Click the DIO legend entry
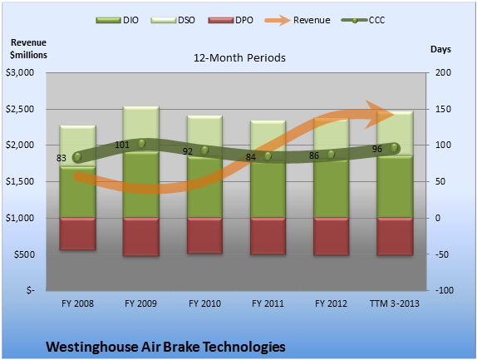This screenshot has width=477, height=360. pyautogui.click(x=117, y=21)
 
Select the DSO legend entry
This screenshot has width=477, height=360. pyautogui.click(x=173, y=21)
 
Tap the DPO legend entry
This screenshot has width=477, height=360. pyautogui.click(x=230, y=21)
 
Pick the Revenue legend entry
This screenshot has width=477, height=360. pyautogui.click(x=298, y=21)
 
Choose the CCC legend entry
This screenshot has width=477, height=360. pyautogui.click(x=363, y=21)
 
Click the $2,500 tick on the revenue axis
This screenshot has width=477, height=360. pyautogui.click(x=20, y=109)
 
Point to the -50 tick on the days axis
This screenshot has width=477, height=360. pyautogui.click(x=442, y=254)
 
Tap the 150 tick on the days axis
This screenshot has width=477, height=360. pyautogui.click(x=443, y=109)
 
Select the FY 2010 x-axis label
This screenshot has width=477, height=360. pyautogui.click(x=204, y=303)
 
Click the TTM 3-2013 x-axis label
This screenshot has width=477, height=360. pyautogui.click(x=395, y=303)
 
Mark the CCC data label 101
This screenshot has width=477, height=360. pyautogui.click(x=122, y=145)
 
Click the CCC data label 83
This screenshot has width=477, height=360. pyautogui.click(x=61, y=158)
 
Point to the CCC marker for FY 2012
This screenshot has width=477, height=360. pyautogui.click(x=331, y=155)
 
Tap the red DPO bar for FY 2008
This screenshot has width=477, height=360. pyautogui.click(x=77, y=234)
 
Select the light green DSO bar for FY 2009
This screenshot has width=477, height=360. pyautogui.click(x=140, y=129)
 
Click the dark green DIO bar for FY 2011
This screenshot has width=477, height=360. pyautogui.click(x=268, y=190)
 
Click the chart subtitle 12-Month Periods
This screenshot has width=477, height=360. pyautogui.click(x=239, y=58)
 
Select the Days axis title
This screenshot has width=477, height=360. pyautogui.click(x=440, y=49)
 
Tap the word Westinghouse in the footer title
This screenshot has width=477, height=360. pyautogui.click(x=92, y=347)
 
